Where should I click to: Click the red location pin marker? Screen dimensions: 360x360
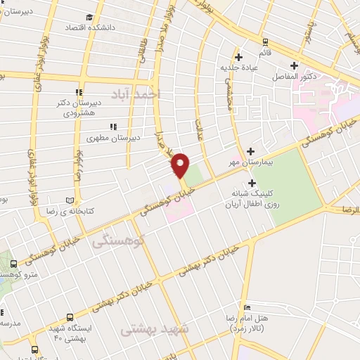181,165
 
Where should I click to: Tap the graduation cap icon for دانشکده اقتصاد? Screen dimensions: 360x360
89,18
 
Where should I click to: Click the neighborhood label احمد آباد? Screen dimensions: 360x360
136,94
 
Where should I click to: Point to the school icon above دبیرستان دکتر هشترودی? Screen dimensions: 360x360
79,92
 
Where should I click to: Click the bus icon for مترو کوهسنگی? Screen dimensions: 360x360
13,264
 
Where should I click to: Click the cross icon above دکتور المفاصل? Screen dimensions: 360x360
294,65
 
